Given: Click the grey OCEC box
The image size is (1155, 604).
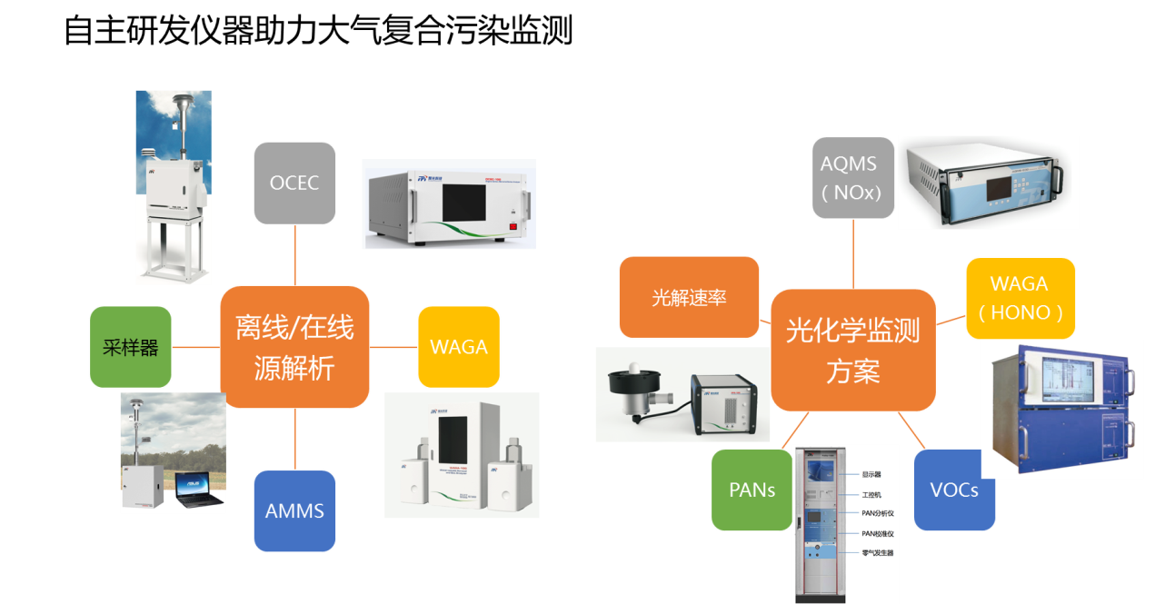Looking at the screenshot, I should click(x=294, y=183).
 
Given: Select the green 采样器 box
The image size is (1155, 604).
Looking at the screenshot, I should click(x=131, y=348).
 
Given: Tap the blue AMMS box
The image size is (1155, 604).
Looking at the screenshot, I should click(x=294, y=510).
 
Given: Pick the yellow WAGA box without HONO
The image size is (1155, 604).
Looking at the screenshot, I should click(x=459, y=347).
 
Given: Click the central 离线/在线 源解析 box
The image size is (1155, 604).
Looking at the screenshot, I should click(x=295, y=347).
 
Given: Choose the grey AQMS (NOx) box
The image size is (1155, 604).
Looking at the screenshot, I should click(x=853, y=178).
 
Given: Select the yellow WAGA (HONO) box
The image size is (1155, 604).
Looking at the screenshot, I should click(x=1020, y=298).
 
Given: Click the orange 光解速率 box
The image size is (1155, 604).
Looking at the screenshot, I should click(x=689, y=297).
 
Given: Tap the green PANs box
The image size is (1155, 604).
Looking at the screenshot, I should click(x=752, y=490).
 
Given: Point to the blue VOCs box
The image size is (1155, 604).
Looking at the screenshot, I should click(x=954, y=490).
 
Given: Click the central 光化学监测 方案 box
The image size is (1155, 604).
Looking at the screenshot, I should click(x=853, y=350).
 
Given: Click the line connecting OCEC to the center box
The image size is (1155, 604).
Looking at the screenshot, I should click(x=295, y=255).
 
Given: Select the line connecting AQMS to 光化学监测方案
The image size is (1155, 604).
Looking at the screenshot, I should click(x=853, y=254).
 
